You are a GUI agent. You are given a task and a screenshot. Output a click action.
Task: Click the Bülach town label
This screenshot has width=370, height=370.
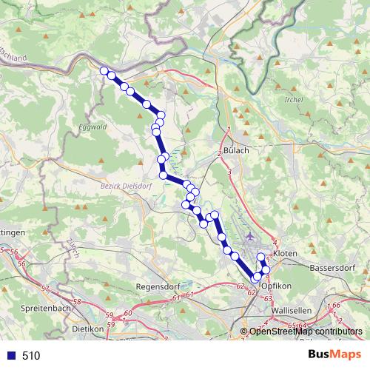coord(235,150)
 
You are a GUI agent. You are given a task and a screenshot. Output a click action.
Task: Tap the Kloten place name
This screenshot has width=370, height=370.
coord(285,253)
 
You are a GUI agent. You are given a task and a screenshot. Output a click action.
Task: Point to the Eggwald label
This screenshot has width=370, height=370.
coord(92,127)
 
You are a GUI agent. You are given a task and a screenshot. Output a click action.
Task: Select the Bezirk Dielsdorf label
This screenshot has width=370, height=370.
coord(126,186)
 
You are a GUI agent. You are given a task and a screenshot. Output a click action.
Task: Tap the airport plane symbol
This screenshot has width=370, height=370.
coord(249,235)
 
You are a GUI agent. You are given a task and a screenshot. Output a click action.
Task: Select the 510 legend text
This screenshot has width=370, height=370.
coord(31,355)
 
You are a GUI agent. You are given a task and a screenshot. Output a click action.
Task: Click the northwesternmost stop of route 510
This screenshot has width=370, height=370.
coord(104,70)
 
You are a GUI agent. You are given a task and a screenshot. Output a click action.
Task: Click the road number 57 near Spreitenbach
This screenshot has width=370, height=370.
coord(45,288)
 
